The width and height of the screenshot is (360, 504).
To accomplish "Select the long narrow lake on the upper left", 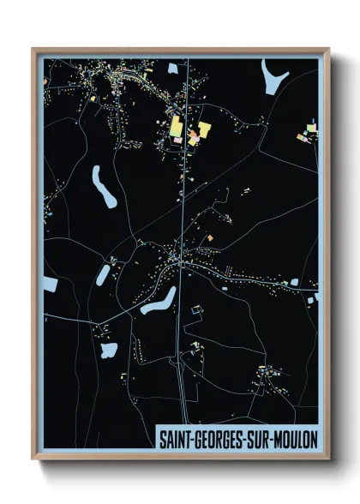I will point(104,186).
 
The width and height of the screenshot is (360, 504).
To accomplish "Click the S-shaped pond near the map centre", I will point(159,301).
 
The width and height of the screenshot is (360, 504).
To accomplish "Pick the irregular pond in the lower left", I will point(109,350).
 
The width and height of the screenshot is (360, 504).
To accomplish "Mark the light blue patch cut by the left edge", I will point(50,284).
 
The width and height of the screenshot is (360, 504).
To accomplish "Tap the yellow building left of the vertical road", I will point(177,128).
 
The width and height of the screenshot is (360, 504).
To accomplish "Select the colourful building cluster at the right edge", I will point(309,132).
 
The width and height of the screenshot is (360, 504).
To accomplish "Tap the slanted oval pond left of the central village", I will point(104,275).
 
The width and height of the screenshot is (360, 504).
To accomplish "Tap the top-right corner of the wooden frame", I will point(328,50).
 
